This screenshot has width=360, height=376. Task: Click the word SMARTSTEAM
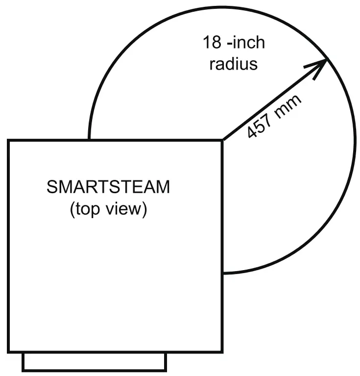108,187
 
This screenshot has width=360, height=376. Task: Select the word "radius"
234,64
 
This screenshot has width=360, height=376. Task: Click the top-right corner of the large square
222,141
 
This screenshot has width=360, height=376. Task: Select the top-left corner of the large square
8,141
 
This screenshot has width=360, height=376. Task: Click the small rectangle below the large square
95,362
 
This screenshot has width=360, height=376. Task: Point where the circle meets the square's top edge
89,141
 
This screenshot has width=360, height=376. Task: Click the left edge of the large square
8,245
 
